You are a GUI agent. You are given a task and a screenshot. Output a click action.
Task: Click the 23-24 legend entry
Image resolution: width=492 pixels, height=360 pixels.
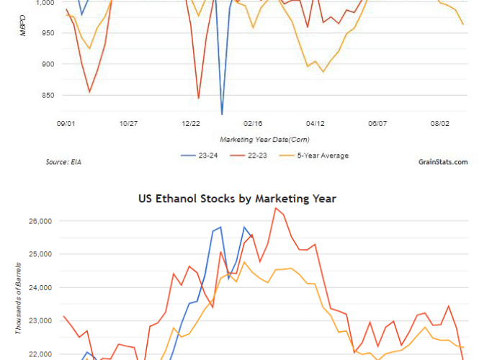pos(208,156)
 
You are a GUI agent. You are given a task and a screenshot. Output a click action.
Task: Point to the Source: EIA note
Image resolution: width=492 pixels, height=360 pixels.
pos(63,162)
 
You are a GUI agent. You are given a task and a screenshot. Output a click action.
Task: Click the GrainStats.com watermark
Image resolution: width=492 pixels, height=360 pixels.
pos(442,162)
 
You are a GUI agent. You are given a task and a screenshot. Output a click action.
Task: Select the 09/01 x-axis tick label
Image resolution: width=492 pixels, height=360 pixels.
pos(66,124)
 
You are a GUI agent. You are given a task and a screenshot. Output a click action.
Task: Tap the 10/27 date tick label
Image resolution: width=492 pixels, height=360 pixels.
pos(128,124)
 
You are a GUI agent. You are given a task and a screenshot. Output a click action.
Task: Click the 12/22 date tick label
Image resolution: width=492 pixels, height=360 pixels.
pos(191,124)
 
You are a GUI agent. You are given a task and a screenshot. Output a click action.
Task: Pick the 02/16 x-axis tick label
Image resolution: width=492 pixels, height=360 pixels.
pos(253,124)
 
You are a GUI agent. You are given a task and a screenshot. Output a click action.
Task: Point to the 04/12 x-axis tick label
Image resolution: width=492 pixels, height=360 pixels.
pos(316,124)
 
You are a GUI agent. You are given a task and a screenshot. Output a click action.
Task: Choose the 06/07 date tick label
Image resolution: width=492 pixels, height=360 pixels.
pos(377,124)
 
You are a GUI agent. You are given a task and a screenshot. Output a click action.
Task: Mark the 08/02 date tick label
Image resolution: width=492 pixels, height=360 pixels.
pos(439,124)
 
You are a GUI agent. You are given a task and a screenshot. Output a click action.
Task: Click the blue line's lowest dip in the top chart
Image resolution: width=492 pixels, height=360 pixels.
pos(222,114)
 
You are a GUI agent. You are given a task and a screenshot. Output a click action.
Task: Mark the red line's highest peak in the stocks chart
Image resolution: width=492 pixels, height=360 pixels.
pos(276,208)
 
